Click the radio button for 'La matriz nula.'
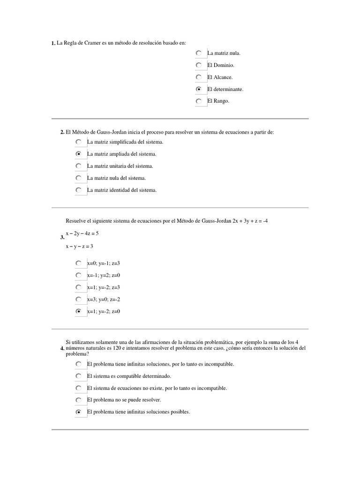click(x=199, y=53)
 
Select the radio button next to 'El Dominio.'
click(x=199, y=65)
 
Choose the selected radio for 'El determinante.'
click(x=199, y=89)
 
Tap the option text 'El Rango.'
click(x=218, y=101)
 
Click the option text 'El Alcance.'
click(x=220, y=77)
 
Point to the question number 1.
click(x=53, y=44)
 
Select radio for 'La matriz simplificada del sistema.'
click(x=79, y=142)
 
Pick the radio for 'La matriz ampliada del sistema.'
click(x=79, y=154)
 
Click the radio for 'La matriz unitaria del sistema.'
click(x=79, y=166)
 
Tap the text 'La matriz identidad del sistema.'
click(x=122, y=190)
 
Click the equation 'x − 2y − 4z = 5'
click(x=82, y=233)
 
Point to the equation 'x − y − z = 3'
click(x=79, y=246)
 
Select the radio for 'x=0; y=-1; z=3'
click(x=79, y=263)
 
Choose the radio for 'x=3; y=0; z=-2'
click(x=79, y=299)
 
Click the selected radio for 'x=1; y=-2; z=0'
click(x=79, y=311)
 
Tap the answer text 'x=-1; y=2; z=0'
click(x=104, y=275)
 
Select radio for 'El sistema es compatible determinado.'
click(x=79, y=376)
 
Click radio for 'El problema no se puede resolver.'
click(x=79, y=400)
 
